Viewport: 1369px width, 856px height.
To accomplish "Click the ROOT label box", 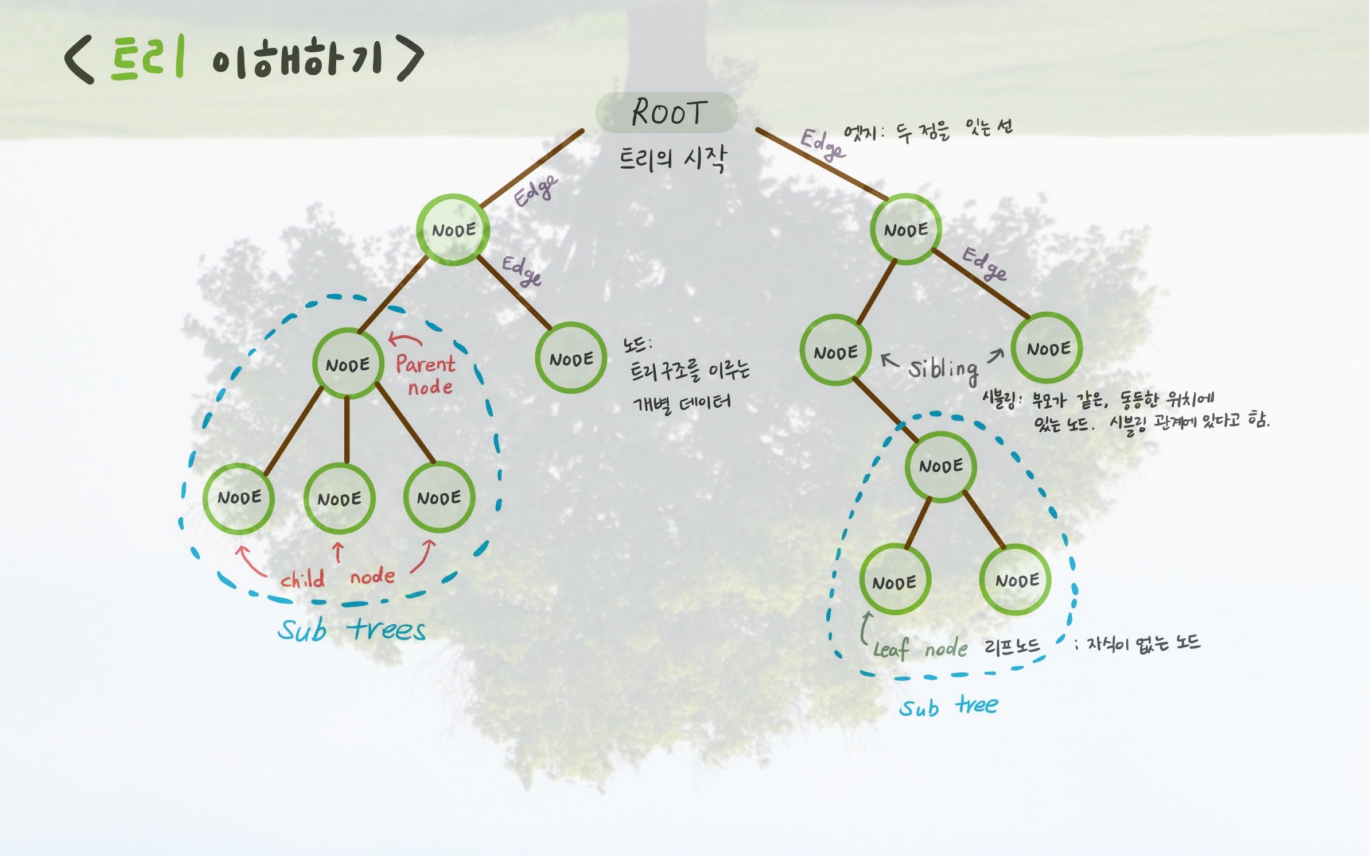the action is coord(666,113).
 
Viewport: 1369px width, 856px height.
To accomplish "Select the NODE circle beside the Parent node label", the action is coord(348,364).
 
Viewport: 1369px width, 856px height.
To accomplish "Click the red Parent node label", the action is coord(426,374).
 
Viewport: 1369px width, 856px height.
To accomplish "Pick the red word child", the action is coord(302,579).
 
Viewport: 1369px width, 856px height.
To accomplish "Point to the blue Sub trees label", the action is coord(352,630).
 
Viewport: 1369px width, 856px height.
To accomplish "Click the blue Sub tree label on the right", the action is coord(948,706).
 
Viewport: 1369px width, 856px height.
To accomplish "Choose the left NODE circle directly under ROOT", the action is coord(453,230).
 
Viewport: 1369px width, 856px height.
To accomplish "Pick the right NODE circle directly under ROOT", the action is coord(905,230).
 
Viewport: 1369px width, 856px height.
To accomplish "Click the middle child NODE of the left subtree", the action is coord(339,498).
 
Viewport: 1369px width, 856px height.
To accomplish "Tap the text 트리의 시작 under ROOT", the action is coord(672,158).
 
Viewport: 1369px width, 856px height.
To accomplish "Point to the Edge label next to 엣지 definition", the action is coord(822,144).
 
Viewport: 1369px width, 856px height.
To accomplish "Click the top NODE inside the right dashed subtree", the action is coord(940,466).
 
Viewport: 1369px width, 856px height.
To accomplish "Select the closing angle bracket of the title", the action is coord(410,59).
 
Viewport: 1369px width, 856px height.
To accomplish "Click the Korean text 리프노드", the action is coord(1012,646).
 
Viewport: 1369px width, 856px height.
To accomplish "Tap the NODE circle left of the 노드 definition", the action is coord(571,358).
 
